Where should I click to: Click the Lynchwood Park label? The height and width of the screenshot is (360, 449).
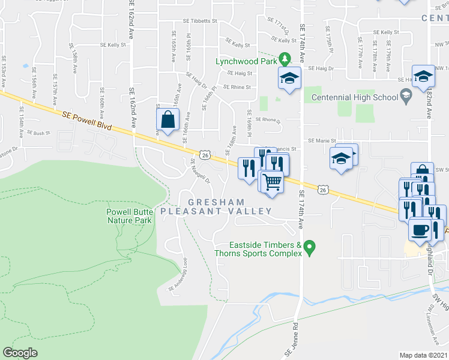[x=248, y=62]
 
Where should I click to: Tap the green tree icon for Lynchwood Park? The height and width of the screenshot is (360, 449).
[x=287, y=59]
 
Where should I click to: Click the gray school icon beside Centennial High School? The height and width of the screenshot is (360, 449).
[x=406, y=95]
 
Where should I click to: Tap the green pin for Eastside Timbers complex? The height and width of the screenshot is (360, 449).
[x=310, y=247]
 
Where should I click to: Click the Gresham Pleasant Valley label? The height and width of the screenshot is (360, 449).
[x=216, y=206]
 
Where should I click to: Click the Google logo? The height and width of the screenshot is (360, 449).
[x=20, y=353]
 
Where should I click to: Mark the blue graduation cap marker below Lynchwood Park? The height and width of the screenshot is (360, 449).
[x=289, y=78]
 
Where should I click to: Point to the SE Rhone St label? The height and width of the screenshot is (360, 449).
[x=268, y=119]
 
